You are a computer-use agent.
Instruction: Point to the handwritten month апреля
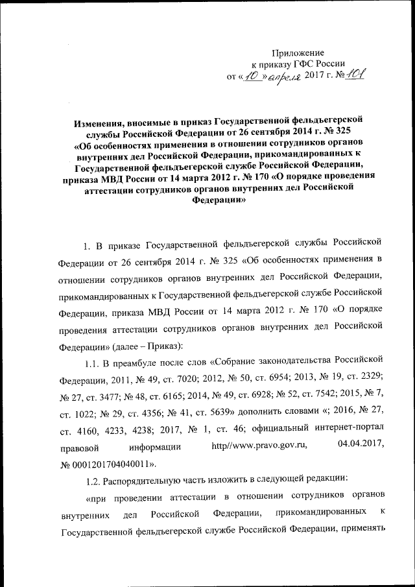pos(283,77)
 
